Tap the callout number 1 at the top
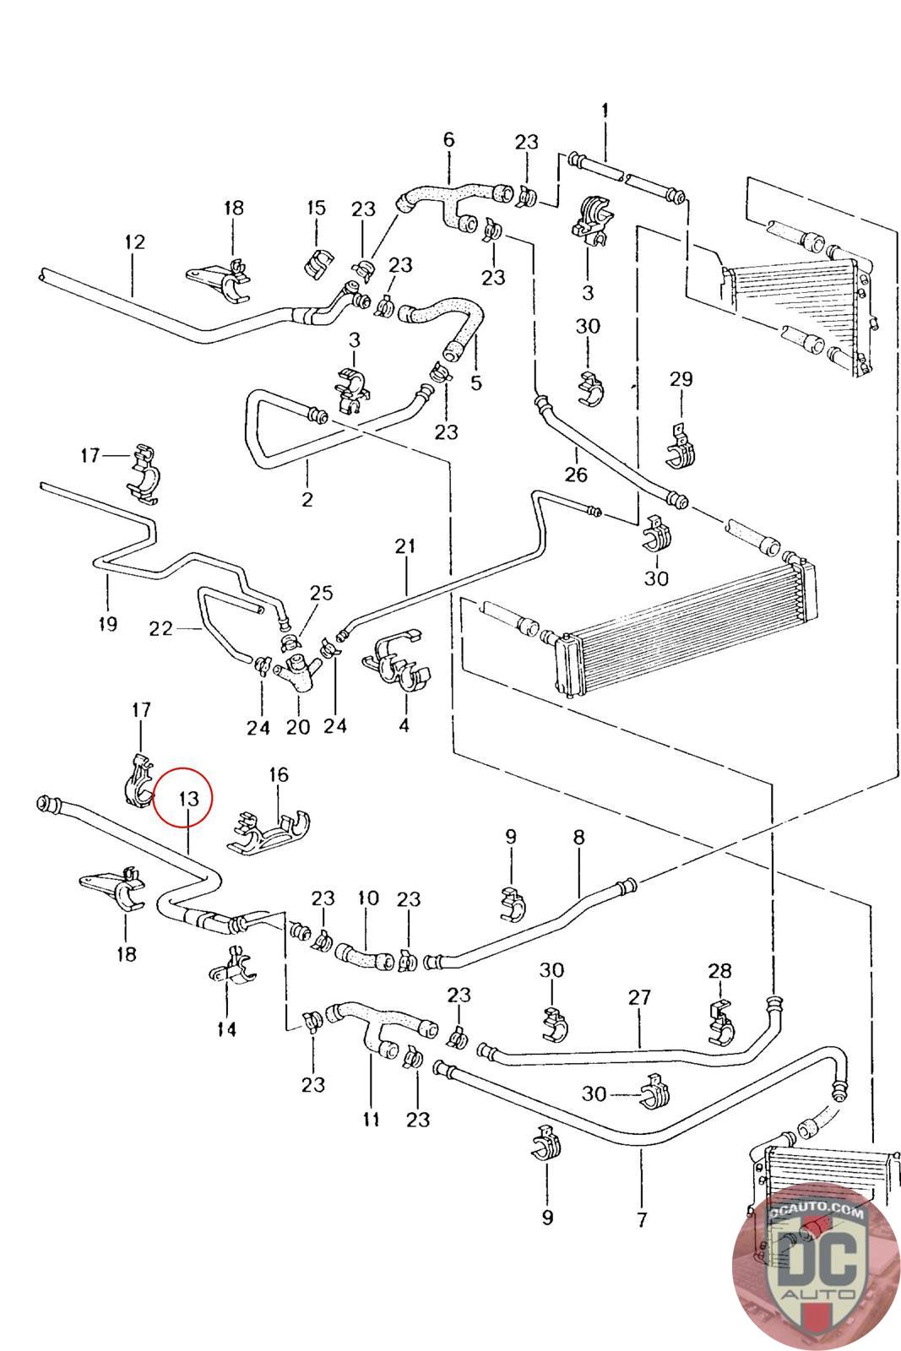(605, 110)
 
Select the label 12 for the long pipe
(134, 241)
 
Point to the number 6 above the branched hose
(448, 139)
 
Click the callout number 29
(681, 379)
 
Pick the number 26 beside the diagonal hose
(576, 474)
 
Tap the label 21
(405, 546)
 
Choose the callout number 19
(107, 624)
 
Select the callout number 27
(639, 997)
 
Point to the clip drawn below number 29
(681, 448)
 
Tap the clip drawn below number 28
(720, 1023)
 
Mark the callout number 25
(321, 593)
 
